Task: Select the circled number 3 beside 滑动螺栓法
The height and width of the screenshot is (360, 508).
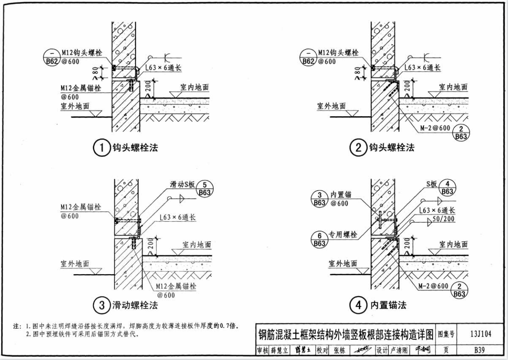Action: click(100, 305)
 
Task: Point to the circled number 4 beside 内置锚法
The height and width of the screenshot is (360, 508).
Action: click(356, 305)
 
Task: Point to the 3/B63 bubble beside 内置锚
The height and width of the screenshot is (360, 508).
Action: click(319, 198)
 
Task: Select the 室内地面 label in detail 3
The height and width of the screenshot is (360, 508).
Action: click(197, 245)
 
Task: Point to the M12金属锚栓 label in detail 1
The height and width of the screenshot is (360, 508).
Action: click(81, 88)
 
